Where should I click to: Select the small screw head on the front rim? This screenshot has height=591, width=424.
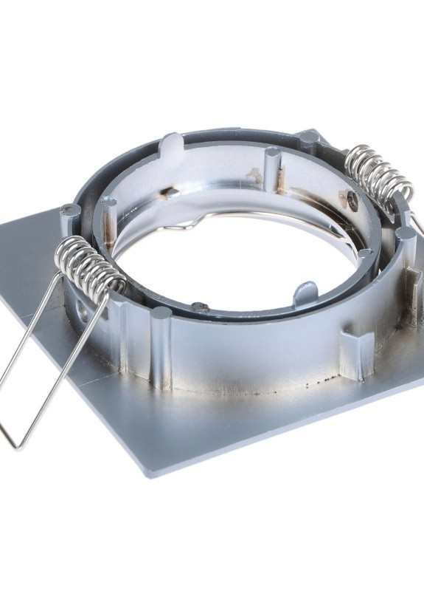pyautogui.click(x=196, y=305)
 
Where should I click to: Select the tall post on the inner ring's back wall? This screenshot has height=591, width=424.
pyautogui.click(x=271, y=170)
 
